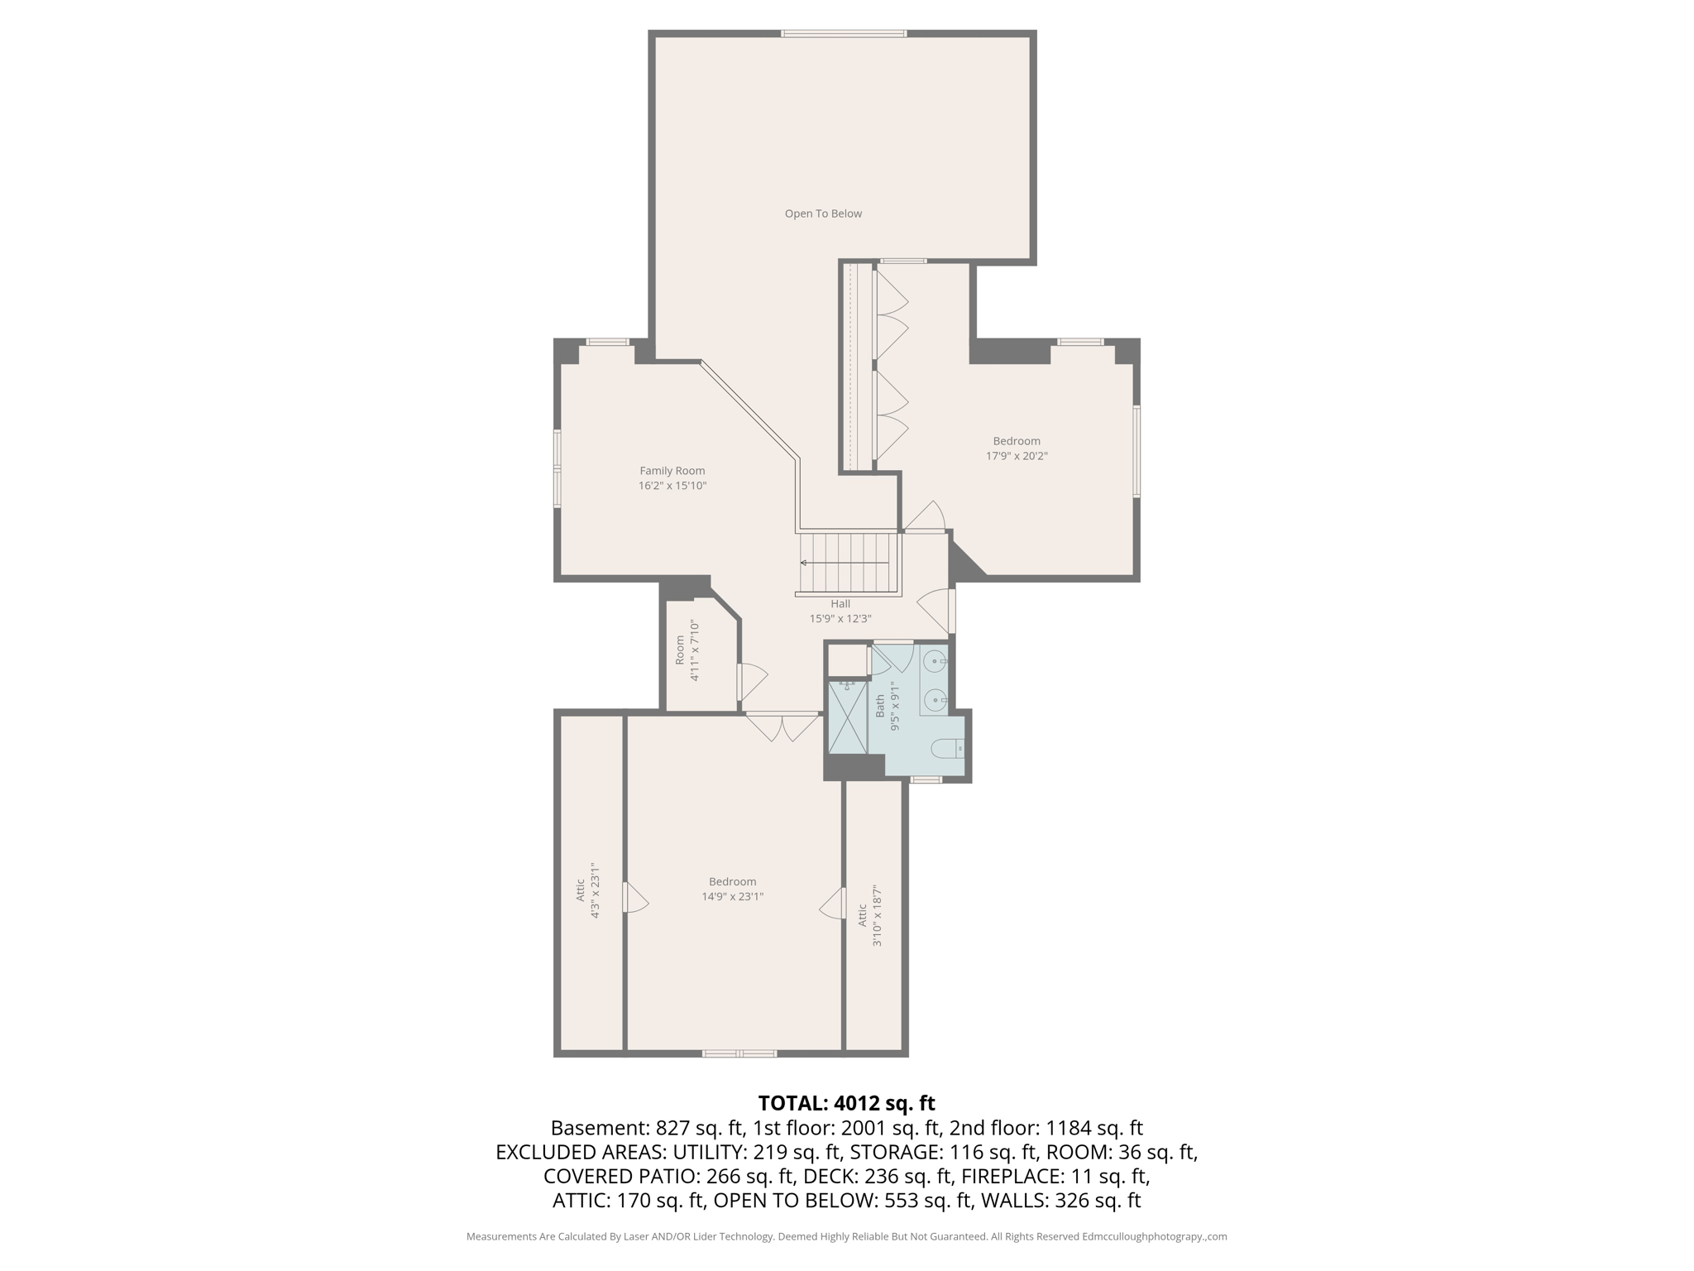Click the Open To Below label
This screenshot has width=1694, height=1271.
click(x=823, y=213)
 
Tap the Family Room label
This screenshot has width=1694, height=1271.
click(x=672, y=471)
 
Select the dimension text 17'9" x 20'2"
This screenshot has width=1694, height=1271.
click(x=1017, y=456)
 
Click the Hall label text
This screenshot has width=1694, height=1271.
click(x=840, y=604)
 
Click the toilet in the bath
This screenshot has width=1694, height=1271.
click(x=948, y=749)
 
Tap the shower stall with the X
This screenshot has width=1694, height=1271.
click(x=848, y=717)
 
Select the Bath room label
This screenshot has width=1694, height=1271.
click(x=880, y=706)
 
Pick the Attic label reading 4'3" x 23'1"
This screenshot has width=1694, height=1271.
click(x=587, y=890)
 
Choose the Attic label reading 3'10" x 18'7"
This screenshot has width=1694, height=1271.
click(x=869, y=915)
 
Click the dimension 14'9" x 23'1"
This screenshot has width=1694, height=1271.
click(x=732, y=896)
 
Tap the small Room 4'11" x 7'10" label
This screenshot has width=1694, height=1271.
click(x=687, y=651)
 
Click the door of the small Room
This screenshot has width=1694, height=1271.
click(x=751, y=682)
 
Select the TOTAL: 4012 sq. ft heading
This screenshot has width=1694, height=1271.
click(x=846, y=1103)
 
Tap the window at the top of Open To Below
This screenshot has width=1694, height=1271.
click(x=844, y=34)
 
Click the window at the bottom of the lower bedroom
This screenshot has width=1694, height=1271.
click(x=739, y=1053)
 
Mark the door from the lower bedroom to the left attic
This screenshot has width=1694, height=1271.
click(x=634, y=898)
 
